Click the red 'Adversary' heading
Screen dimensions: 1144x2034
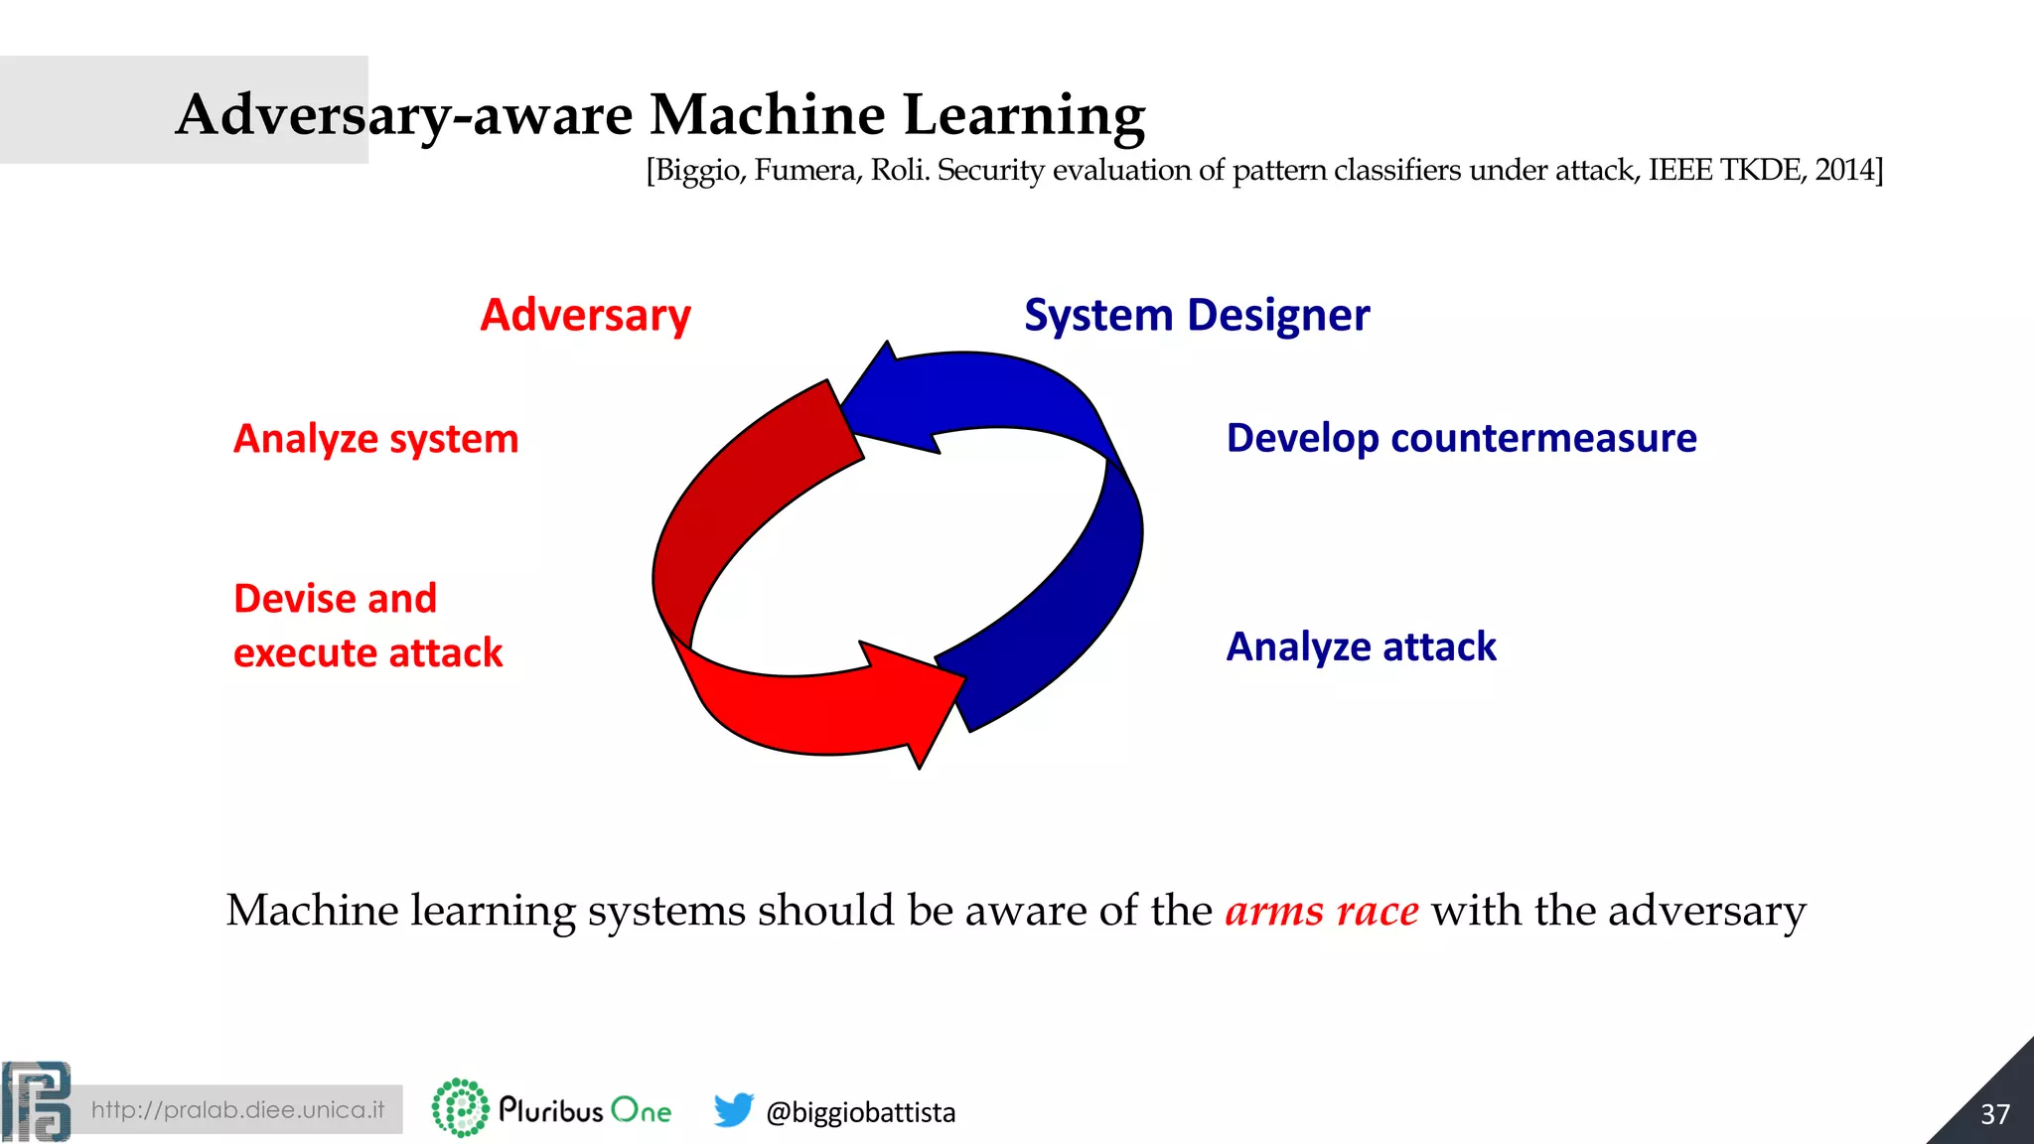[585, 316]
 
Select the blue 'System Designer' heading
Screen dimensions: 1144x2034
[1196, 316]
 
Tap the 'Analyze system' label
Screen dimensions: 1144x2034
[375, 439]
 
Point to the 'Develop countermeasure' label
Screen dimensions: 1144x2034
[1461, 438]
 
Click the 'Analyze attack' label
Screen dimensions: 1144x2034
[1361, 646]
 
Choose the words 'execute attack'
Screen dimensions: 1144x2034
[367, 653]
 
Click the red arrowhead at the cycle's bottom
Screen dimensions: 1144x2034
[919, 700]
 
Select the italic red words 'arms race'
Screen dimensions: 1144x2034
[1321, 911]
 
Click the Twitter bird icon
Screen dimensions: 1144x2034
[733, 1109]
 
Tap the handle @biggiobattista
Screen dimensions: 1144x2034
[860, 1112]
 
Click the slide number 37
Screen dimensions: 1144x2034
[1994, 1114]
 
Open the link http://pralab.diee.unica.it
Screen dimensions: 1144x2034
[237, 1109]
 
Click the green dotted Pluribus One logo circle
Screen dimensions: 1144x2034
[460, 1107]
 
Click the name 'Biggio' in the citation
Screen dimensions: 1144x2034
[698, 171]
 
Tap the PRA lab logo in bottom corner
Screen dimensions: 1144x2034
[36, 1101]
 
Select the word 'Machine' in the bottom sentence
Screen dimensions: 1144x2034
[312, 911]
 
